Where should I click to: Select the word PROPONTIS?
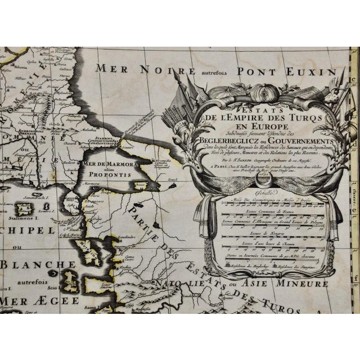(x=111, y=175)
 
